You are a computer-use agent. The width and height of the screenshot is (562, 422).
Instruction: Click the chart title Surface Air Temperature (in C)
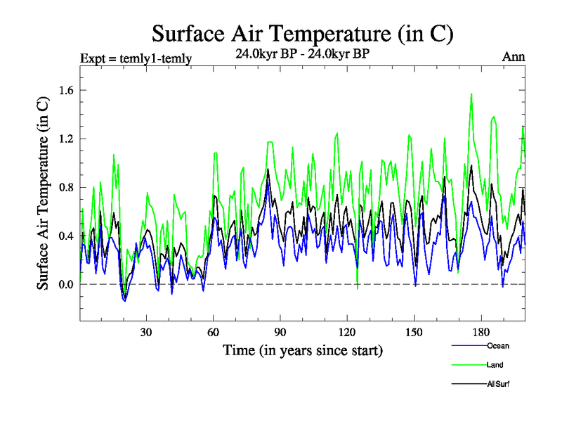(x=303, y=33)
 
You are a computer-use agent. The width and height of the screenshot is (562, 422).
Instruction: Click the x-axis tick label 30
(x=146, y=332)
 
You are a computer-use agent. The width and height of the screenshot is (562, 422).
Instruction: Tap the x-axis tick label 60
(x=213, y=332)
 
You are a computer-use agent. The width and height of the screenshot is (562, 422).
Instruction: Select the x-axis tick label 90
(x=280, y=332)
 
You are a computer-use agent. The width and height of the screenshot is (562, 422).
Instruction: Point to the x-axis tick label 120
(x=347, y=332)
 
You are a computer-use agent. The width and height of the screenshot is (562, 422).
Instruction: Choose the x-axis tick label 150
(x=414, y=332)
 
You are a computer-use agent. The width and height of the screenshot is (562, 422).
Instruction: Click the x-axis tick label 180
(x=481, y=332)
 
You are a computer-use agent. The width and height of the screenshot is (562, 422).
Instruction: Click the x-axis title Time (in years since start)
(x=303, y=350)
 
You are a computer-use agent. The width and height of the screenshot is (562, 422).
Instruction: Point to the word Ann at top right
(x=514, y=58)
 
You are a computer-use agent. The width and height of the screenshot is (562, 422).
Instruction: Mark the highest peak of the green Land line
(x=471, y=94)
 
